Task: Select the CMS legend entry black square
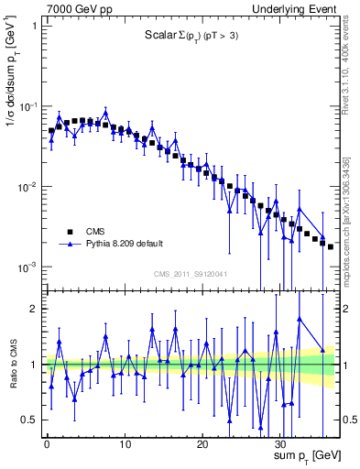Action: tap(69, 232)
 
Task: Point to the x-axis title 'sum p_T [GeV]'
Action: tap(301, 455)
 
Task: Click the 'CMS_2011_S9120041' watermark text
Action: tap(190, 273)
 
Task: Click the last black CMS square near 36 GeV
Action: tap(331, 246)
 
